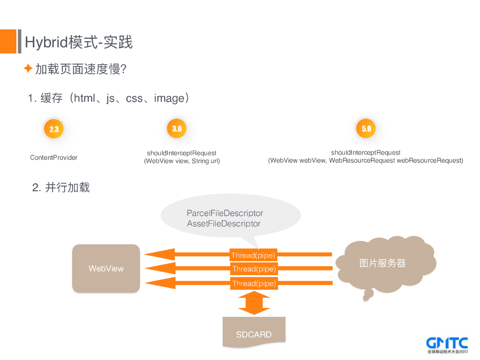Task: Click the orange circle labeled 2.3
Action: pyautogui.click(x=54, y=129)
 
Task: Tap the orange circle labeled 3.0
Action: pyautogui.click(x=177, y=128)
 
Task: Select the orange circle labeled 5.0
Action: pyautogui.click(x=366, y=128)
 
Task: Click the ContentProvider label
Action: pyautogui.click(x=54, y=157)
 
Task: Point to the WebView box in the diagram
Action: pyautogui.click(x=106, y=269)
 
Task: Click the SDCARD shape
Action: pyautogui.click(x=254, y=332)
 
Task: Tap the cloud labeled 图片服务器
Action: pyautogui.click(x=382, y=263)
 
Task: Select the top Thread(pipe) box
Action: pyautogui.click(x=253, y=255)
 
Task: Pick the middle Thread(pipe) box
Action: pyautogui.click(x=254, y=269)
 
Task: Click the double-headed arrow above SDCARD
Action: pyautogui.click(x=254, y=303)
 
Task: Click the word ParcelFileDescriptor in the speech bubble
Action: pyautogui.click(x=225, y=213)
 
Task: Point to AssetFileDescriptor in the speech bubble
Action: pyautogui.click(x=224, y=224)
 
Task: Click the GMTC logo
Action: pyautogui.click(x=447, y=345)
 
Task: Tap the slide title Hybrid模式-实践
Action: pyautogui.click(x=79, y=42)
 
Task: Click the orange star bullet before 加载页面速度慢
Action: pyautogui.click(x=28, y=69)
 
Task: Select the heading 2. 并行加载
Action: pyautogui.click(x=61, y=188)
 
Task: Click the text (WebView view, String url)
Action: pyautogui.click(x=182, y=161)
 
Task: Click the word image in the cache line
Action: pyautogui.click(x=169, y=98)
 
